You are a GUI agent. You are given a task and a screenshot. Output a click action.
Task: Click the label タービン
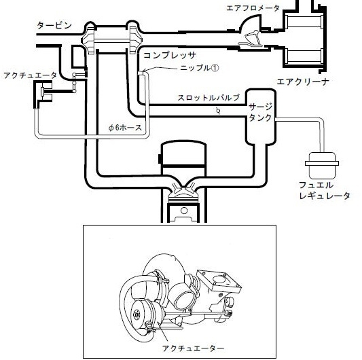click(54, 25)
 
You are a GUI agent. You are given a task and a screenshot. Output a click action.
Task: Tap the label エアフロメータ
click(253, 8)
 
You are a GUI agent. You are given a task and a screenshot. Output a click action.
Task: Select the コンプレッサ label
click(170, 56)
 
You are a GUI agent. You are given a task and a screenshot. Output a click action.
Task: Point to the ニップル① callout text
click(200, 68)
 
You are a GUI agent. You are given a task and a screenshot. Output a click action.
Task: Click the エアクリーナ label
click(303, 82)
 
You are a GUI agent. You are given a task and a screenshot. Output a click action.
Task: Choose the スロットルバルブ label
click(209, 97)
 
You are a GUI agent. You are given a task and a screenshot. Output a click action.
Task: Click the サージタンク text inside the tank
click(260, 112)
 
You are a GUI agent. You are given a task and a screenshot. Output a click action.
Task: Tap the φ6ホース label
click(125, 128)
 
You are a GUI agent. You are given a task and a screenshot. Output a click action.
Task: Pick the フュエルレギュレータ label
click(325, 190)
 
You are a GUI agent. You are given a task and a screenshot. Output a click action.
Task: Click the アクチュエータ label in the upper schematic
click(30, 75)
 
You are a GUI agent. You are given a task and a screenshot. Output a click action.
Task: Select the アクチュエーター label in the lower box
click(194, 348)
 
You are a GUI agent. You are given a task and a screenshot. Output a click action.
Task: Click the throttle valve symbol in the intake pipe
click(218, 111)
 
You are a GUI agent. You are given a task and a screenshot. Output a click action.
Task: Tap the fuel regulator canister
click(322, 165)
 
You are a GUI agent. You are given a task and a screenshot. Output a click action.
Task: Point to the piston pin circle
click(184, 211)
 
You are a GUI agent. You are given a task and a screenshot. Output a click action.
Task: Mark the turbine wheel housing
click(90, 38)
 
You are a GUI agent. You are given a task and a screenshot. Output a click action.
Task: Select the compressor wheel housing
click(133, 38)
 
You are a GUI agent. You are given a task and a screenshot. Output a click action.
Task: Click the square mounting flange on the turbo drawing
click(219, 281)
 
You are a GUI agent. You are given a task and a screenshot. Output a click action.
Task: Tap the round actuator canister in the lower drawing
click(141, 315)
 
